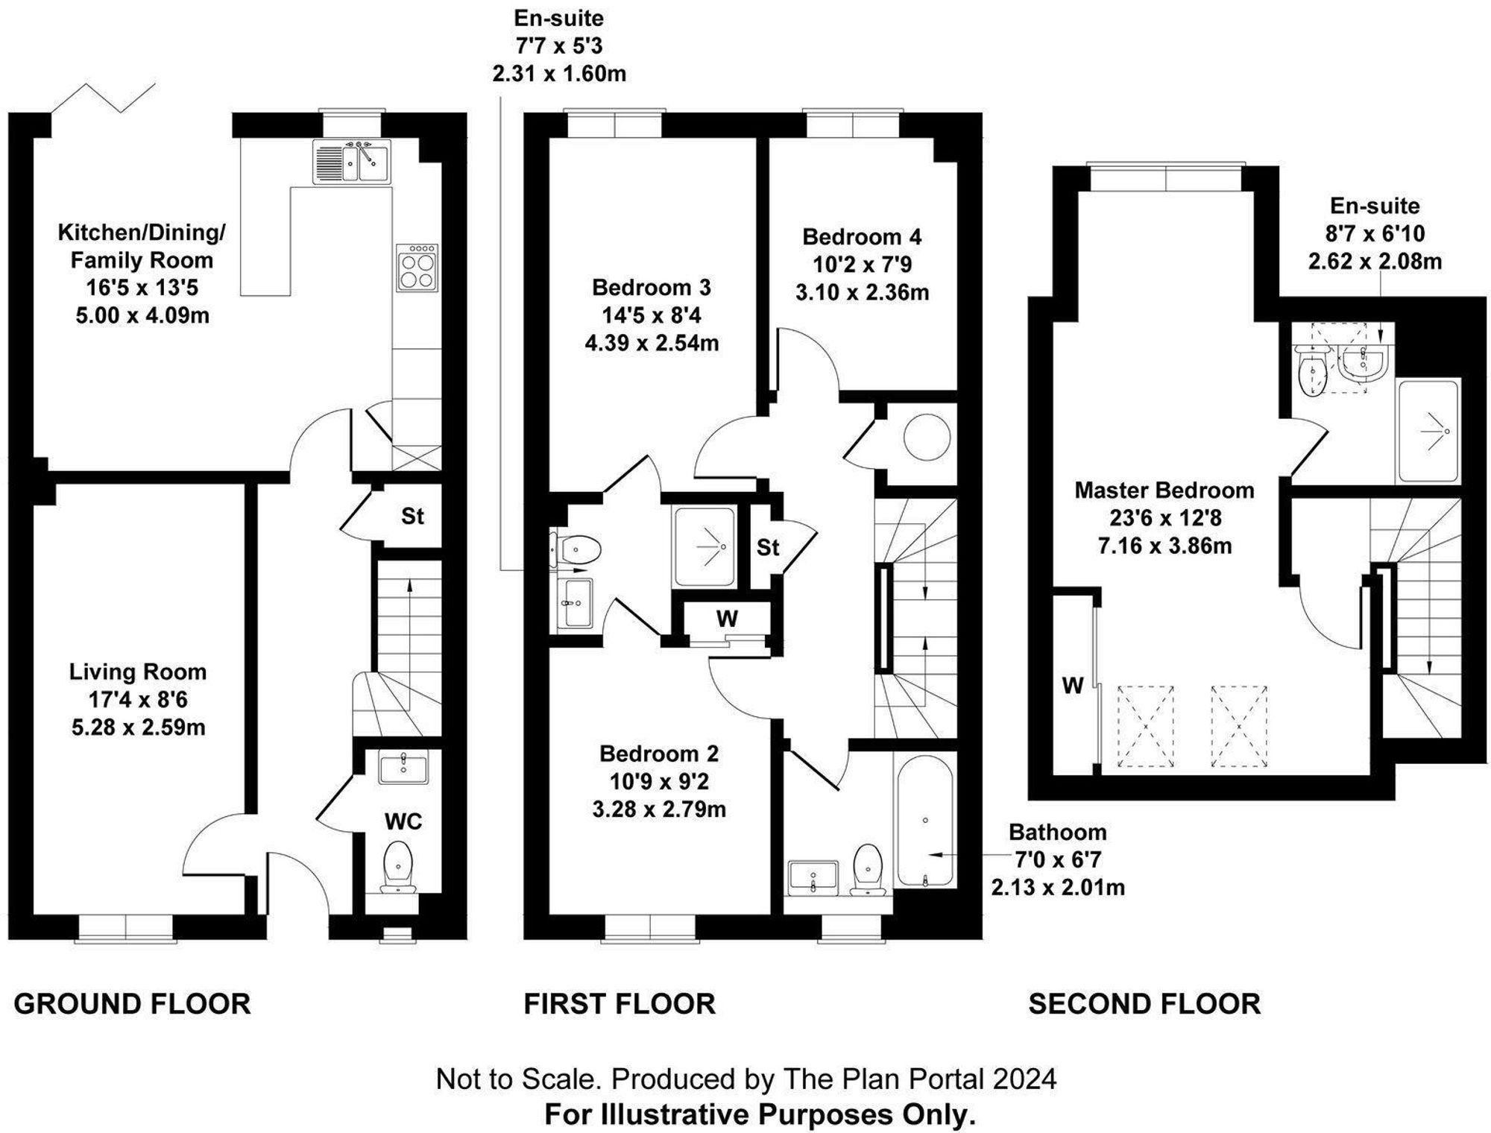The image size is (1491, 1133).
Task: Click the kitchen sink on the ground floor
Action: pos(351,162)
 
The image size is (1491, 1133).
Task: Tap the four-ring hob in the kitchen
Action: pos(417,268)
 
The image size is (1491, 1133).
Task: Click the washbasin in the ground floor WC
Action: pos(403,769)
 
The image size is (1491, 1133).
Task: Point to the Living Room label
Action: pos(138,672)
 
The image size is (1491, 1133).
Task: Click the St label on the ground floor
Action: pos(412,516)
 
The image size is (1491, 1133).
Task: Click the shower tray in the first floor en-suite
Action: pos(704,547)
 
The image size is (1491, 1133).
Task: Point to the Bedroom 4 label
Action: pos(862,237)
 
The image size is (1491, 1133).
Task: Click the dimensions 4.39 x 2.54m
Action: pos(652,344)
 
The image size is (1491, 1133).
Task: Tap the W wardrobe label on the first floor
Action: pos(727,619)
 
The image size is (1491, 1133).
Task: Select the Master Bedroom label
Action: pos(1164,490)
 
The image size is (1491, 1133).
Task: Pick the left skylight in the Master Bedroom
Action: pos(1145,726)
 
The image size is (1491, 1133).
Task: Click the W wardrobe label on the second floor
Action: pos(1072,686)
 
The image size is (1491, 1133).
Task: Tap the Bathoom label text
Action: pos(1057,832)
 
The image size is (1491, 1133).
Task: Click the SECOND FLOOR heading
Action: pos(1144,1004)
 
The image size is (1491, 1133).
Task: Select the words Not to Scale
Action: pos(517,1079)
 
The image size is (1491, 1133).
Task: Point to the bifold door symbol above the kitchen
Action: pos(104,98)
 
